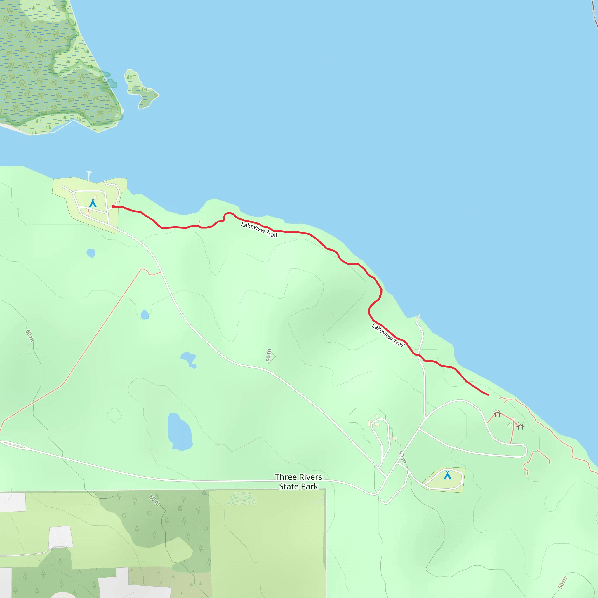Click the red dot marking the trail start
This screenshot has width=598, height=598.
[x=113, y=206]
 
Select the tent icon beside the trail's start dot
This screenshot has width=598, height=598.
[x=93, y=203]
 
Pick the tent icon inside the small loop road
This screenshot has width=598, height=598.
[x=447, y=475]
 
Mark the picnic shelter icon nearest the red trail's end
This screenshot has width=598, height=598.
[x=497, y=413]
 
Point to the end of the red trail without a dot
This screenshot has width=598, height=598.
[x=488, y=395]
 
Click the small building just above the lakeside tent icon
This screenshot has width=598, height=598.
[x=95, y=197]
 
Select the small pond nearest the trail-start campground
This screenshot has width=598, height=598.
[x=91, y=253]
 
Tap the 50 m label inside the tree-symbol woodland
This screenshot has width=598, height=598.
[x=154, y=500]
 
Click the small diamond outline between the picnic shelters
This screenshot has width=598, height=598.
[x=510, y=426]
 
